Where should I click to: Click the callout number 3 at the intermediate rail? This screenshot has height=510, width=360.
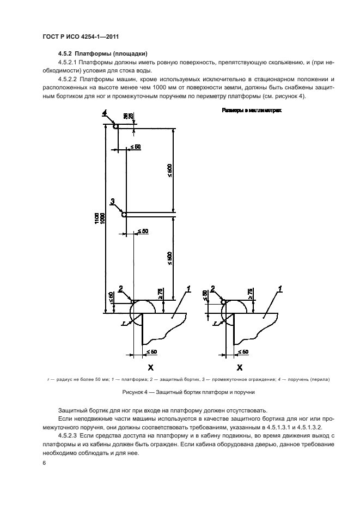pos(112,202)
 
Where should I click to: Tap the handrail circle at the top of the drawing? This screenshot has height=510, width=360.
pos(115,126)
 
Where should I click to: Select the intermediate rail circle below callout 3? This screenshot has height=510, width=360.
pos(124,215)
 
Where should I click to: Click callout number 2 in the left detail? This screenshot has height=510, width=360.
pos(120,288)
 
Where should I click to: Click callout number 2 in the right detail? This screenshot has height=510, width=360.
pos(213,288)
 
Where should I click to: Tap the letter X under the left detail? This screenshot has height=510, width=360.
pos(150,368)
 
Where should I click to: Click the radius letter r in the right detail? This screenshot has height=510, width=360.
pos(216,323)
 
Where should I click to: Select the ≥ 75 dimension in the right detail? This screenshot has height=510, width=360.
pos(250,293)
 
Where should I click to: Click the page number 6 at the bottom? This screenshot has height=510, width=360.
pos(43,463)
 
